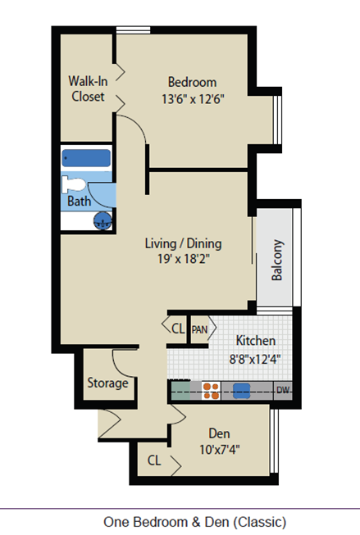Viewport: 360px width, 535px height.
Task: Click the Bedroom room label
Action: [192, 82]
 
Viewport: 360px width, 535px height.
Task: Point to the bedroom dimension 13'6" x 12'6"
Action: [192, 97]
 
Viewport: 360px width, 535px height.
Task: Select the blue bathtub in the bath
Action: [87, 158]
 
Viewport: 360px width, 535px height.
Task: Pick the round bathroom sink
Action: [103, 220]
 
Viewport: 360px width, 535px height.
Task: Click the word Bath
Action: [79, 201]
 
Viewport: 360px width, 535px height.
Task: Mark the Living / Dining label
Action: [183, 243]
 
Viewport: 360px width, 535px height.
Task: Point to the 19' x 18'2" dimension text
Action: [183, 260]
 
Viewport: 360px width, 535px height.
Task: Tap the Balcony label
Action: [277, 261]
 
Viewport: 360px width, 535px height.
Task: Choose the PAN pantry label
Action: [200, 329]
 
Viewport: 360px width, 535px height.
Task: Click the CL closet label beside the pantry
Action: [178, 329]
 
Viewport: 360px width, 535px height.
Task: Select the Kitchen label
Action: [255, 341]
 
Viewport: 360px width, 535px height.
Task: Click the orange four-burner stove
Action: [212, 391]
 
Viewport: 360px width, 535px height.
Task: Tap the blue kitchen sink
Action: [241, 391]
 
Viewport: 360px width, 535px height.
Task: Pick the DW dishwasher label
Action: [283, 390]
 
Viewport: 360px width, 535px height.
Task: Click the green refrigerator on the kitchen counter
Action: [182, 391]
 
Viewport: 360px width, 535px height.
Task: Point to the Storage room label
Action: [107, 383]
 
